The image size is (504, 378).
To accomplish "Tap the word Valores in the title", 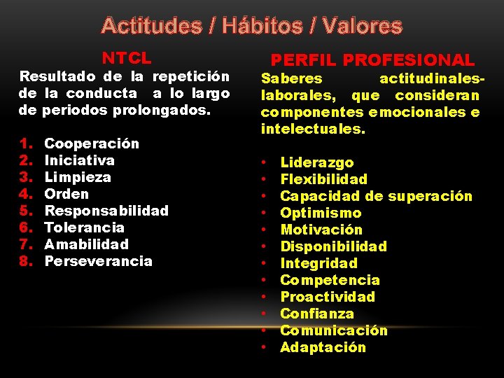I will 364,27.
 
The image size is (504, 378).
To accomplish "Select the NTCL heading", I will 127,57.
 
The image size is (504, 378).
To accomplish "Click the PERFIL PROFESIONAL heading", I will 372,60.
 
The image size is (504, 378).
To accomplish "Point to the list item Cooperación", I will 92,143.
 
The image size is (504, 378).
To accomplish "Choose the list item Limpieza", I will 78,177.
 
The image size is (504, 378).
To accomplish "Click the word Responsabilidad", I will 106,211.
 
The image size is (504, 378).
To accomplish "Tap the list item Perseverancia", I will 98,261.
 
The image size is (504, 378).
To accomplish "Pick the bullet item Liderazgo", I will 317,162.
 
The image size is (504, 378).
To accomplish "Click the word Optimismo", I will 321,213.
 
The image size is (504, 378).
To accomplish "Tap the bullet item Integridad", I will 318,263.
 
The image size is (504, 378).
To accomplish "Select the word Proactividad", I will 328,297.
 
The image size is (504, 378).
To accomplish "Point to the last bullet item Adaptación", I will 323,347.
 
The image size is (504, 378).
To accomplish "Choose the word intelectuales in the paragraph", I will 312,129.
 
